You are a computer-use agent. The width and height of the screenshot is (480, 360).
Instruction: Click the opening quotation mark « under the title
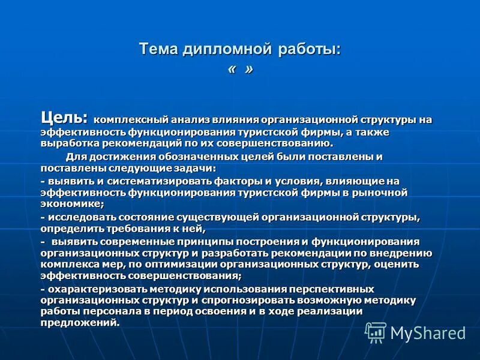[232, 69]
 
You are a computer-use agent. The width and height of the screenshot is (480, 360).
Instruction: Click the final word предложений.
[79, 322]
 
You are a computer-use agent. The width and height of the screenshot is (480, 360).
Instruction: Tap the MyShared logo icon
[376, 331]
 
